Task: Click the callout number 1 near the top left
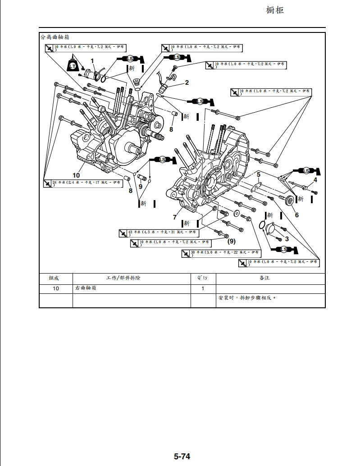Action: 92,60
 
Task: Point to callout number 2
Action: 187,82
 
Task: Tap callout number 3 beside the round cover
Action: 287,239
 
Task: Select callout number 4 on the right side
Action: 315,180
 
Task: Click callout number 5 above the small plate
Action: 259,174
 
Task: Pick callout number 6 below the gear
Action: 296,215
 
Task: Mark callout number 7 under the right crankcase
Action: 175,217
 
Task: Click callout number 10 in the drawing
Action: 76,175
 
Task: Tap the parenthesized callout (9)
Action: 231,241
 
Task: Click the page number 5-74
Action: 182,457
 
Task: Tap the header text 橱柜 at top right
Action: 275,10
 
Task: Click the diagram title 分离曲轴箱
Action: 55,37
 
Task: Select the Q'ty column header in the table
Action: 203,278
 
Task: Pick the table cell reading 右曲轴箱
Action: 85,288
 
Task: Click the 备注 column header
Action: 264,278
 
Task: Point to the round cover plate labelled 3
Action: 271,228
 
